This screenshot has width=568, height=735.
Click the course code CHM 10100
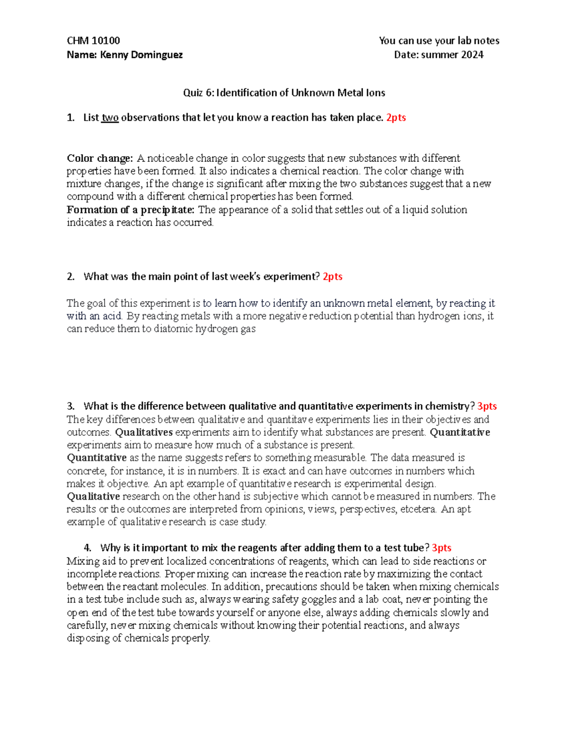pos(93,41)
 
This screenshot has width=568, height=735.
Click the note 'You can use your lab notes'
pos(439,41)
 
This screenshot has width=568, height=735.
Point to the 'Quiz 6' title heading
pos(284,93)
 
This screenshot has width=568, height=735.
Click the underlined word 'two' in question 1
pos(110,118)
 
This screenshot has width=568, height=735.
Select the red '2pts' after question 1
pos(396,118)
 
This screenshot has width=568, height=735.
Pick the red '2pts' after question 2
pos(332,277)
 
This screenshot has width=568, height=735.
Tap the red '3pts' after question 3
pos(487,407)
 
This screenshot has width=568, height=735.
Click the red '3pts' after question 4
pos(441,548)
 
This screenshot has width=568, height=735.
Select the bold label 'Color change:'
pos(100,158)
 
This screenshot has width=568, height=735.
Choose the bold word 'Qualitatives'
pos(144,433)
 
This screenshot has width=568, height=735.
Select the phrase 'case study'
pos(242,522)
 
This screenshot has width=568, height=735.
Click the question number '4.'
pos(88,548)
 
